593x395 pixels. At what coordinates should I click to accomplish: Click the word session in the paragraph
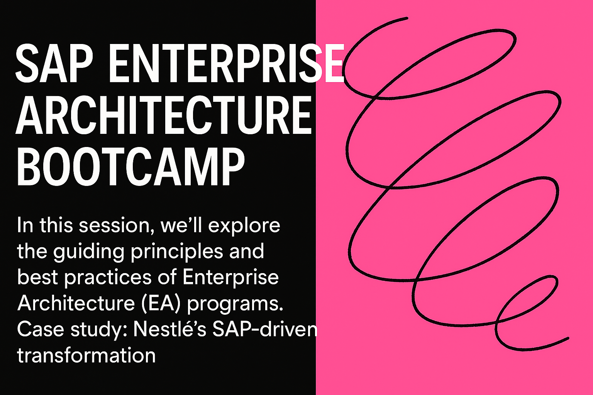click(114, 226)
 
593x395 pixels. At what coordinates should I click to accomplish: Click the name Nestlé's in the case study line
click(169, 329)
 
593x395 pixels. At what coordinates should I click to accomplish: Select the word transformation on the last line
click(86, 355)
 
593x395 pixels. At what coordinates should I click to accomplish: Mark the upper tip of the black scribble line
click(407, 18)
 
